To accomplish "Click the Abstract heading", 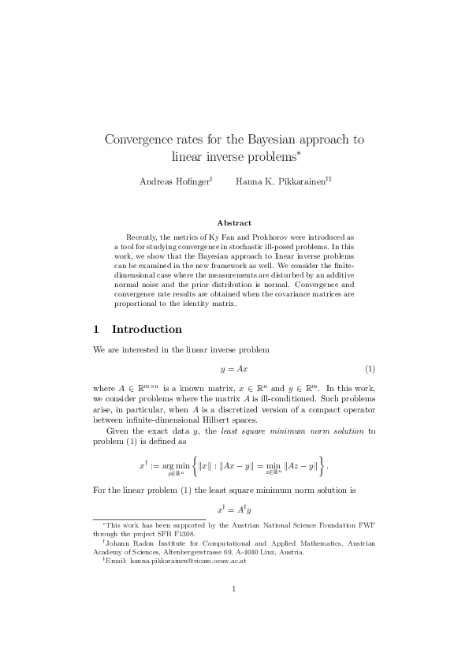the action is coord(234,223).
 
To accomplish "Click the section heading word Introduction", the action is coord(147,329).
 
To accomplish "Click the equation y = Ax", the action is coord(234,369).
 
